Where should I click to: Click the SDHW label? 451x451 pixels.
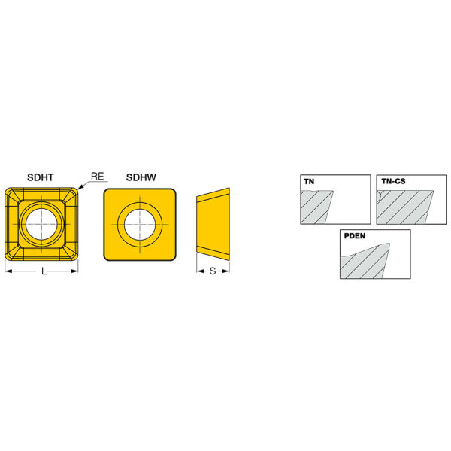141,177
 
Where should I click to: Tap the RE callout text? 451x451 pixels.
98,177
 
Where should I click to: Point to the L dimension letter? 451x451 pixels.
44,271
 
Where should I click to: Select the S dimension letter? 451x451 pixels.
213,271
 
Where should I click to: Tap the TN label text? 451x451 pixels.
309,182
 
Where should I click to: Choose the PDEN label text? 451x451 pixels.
355,236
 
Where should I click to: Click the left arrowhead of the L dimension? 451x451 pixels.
8,271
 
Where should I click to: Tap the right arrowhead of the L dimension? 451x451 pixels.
75,271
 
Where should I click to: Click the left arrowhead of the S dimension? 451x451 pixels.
199,271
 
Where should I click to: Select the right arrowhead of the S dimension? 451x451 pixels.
228,271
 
